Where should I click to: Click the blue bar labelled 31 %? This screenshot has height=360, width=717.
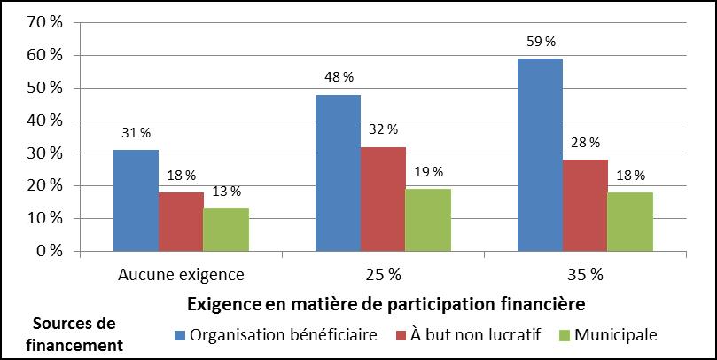click(x=136, y=200)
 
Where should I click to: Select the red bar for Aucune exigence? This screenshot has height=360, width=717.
click(x=181, y=222)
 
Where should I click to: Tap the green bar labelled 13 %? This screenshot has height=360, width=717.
click(x=226, y=230)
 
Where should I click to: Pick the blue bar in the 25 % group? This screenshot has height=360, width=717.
click(x=338, y=173)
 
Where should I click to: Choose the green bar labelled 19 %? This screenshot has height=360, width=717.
click(x=428, y=220)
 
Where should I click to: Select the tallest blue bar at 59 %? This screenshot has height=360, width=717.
click(x=540, y=154)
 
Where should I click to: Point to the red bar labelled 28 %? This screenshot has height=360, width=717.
click(x=585, y=205)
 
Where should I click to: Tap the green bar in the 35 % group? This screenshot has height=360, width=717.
click(x=630, y=222)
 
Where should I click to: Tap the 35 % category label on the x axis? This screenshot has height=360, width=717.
click(x=584, y=274)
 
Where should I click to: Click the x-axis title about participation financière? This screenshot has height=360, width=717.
click(x=386, y=304)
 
